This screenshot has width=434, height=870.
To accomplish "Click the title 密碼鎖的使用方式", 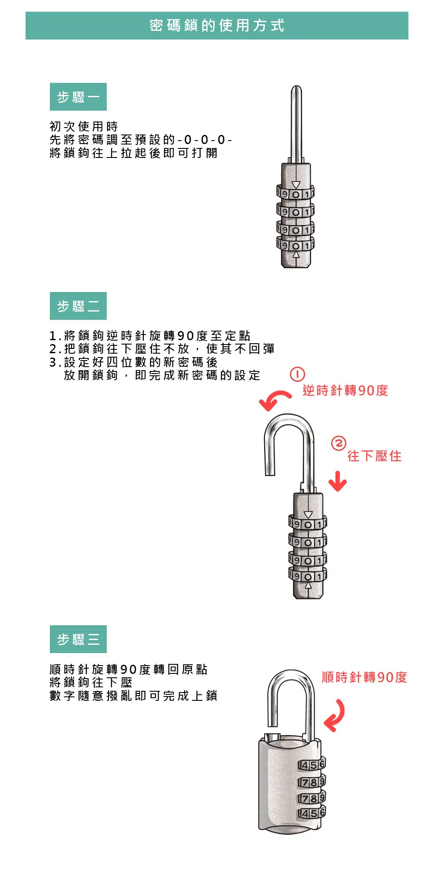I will tap(217, 26).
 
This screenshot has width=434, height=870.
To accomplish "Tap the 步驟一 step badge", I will tap(78, 97).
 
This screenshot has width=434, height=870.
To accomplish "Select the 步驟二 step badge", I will tap(78, 306).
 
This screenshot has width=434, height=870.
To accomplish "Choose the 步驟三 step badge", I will tap(78, 639).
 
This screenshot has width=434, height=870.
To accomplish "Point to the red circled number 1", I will tap(297, 374).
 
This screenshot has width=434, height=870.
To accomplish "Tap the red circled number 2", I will tap(339, 443).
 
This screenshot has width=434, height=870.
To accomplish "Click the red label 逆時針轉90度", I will tap(345, 391).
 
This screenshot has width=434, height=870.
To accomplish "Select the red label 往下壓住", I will tap(374, 456).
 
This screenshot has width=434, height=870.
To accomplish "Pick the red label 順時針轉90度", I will tap(364, 677).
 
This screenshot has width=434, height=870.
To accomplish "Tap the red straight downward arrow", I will tap(338, 481).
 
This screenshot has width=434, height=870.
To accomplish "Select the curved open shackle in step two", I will tap(289, 438).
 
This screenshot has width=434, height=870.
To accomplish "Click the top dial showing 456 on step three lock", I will tap(311, 765).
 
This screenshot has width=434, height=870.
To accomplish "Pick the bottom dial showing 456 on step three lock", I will tap(311, 813).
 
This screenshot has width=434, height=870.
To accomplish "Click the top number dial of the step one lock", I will tap(296, 194).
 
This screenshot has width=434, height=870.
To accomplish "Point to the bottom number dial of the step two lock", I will tap(308, 576).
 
